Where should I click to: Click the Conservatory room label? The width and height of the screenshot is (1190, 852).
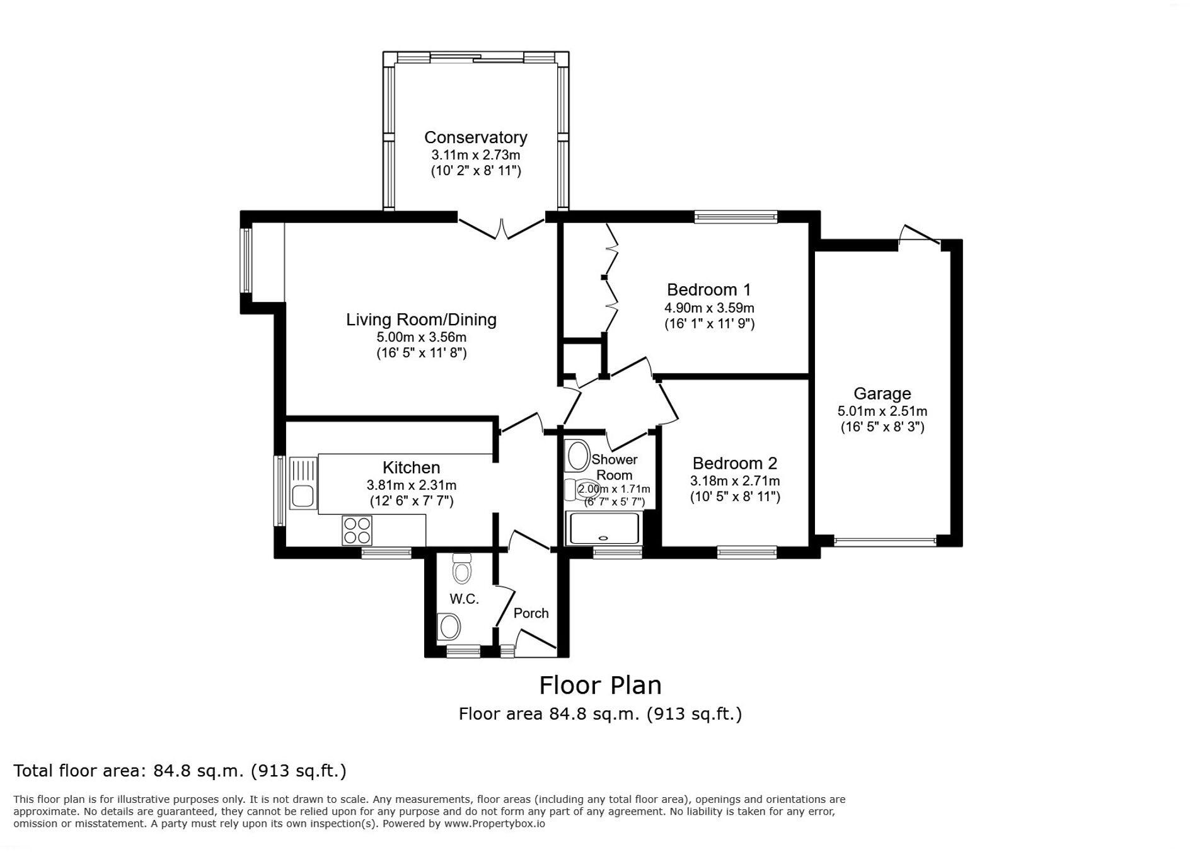475,137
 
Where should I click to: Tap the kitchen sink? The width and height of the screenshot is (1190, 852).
303,495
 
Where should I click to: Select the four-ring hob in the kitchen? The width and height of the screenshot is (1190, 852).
357,530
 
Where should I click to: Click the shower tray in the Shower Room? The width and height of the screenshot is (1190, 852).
604,528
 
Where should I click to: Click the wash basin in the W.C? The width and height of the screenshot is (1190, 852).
449,627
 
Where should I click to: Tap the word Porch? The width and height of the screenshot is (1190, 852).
531,613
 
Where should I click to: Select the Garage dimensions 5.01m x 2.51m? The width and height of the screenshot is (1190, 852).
882,412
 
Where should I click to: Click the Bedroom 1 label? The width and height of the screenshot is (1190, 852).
708,290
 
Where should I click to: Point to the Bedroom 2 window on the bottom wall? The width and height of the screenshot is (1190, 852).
746,553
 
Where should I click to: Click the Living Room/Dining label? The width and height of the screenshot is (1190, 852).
421,319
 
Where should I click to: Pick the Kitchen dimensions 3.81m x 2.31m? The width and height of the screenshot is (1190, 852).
411,485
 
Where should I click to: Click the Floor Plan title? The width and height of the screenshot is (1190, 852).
600,685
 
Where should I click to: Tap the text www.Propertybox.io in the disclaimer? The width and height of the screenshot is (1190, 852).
494,823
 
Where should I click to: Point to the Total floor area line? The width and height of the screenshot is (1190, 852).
180,771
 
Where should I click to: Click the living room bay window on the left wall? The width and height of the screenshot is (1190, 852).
246,260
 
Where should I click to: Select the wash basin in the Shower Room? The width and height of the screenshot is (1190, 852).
577,456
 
